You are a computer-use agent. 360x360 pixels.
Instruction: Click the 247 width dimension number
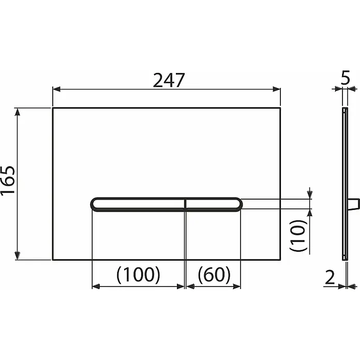169,80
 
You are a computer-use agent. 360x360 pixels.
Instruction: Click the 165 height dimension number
8,180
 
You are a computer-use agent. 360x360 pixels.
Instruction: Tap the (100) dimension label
138,275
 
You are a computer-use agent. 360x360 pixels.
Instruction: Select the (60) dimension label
214,275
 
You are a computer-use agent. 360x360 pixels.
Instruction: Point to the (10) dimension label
298,235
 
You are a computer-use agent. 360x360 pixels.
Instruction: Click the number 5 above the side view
345,78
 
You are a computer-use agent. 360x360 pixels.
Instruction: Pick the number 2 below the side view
330,278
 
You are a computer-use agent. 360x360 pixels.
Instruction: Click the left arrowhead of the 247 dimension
56,89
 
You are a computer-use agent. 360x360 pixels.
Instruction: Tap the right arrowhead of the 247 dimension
277,89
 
